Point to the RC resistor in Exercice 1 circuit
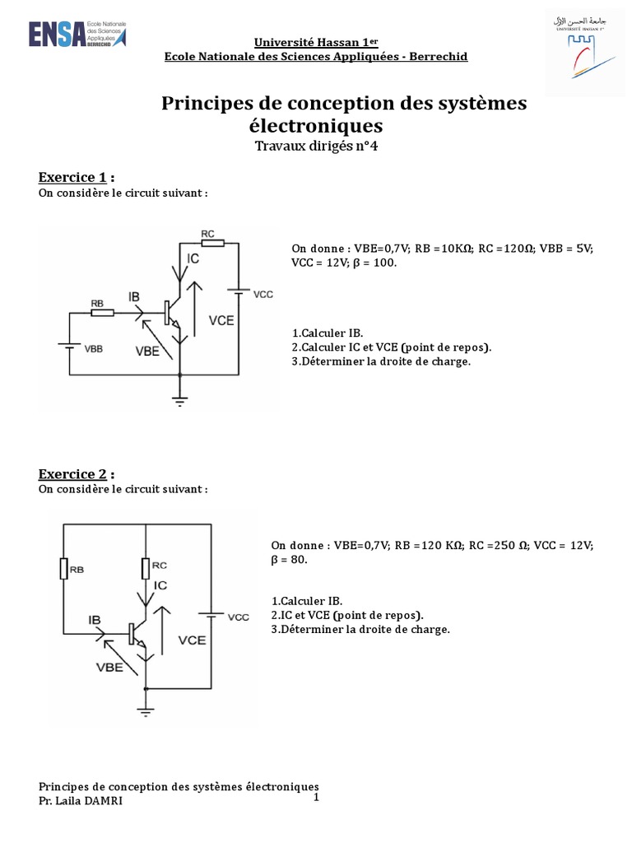point(212,243)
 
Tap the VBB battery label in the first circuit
point(95,348)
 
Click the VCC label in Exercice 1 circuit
point(263,294)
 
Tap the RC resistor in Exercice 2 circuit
point(146,567)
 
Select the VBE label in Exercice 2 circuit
point(109,668)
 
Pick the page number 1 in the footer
point(315,798)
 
